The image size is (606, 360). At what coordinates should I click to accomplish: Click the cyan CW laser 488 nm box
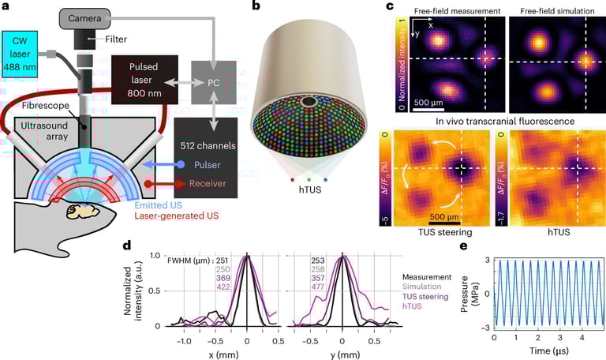point(29,55)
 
